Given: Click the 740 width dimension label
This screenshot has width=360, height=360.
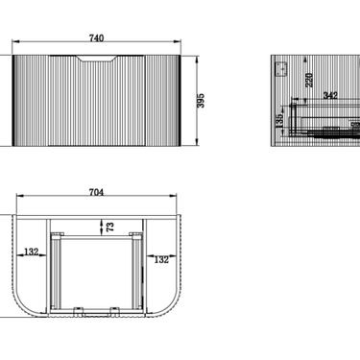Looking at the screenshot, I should click(96, 37).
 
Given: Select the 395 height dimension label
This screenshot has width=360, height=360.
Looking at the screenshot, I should click(202, 100).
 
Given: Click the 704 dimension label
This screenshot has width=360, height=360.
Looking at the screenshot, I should click(96, 192).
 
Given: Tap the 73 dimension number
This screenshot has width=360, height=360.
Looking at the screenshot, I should click(110, 227).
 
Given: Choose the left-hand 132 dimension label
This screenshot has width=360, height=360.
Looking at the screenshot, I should click(31, 252).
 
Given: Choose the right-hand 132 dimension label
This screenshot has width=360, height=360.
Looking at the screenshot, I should click(160, 258).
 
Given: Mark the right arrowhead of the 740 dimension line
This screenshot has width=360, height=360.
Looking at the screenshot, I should click(179, 44).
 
